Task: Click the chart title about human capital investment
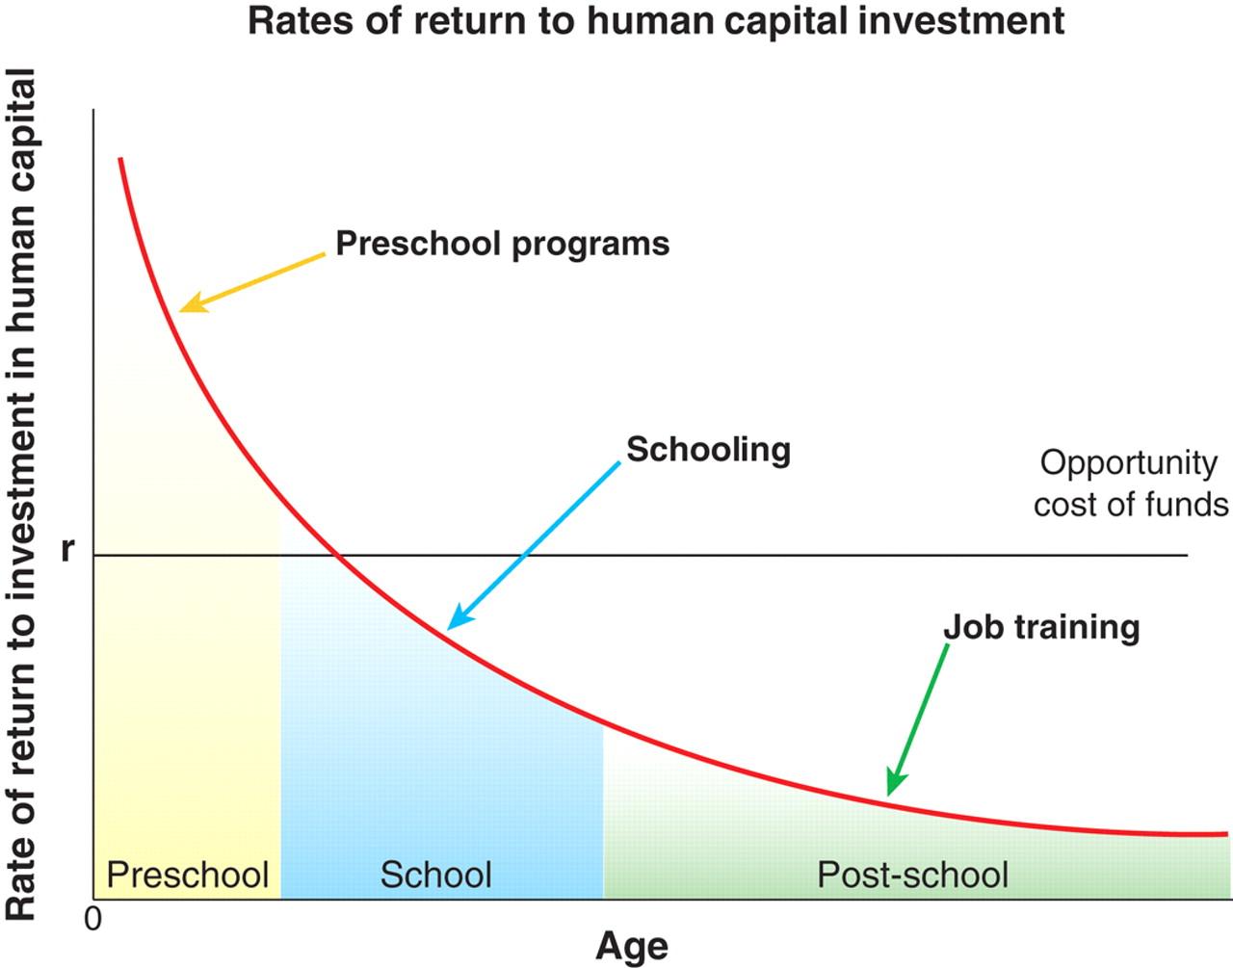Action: tap(656, 20)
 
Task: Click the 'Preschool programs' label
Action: tap(502, 243)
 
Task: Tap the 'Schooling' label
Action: tap(708, 449)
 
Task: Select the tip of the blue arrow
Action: tap(452, 626)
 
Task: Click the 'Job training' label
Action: tap(1041, 627)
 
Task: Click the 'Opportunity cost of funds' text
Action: tap(1130, 484)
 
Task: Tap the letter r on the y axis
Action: tap(66, 549)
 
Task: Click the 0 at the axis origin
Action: tap(92, 919)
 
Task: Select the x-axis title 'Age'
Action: tap(632, 946)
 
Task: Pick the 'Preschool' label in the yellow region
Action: tap(187, 875)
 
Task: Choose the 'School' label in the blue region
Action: tap(435, 875)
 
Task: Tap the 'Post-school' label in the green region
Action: tap(912, 875)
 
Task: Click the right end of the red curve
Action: tap(1227, 833)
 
